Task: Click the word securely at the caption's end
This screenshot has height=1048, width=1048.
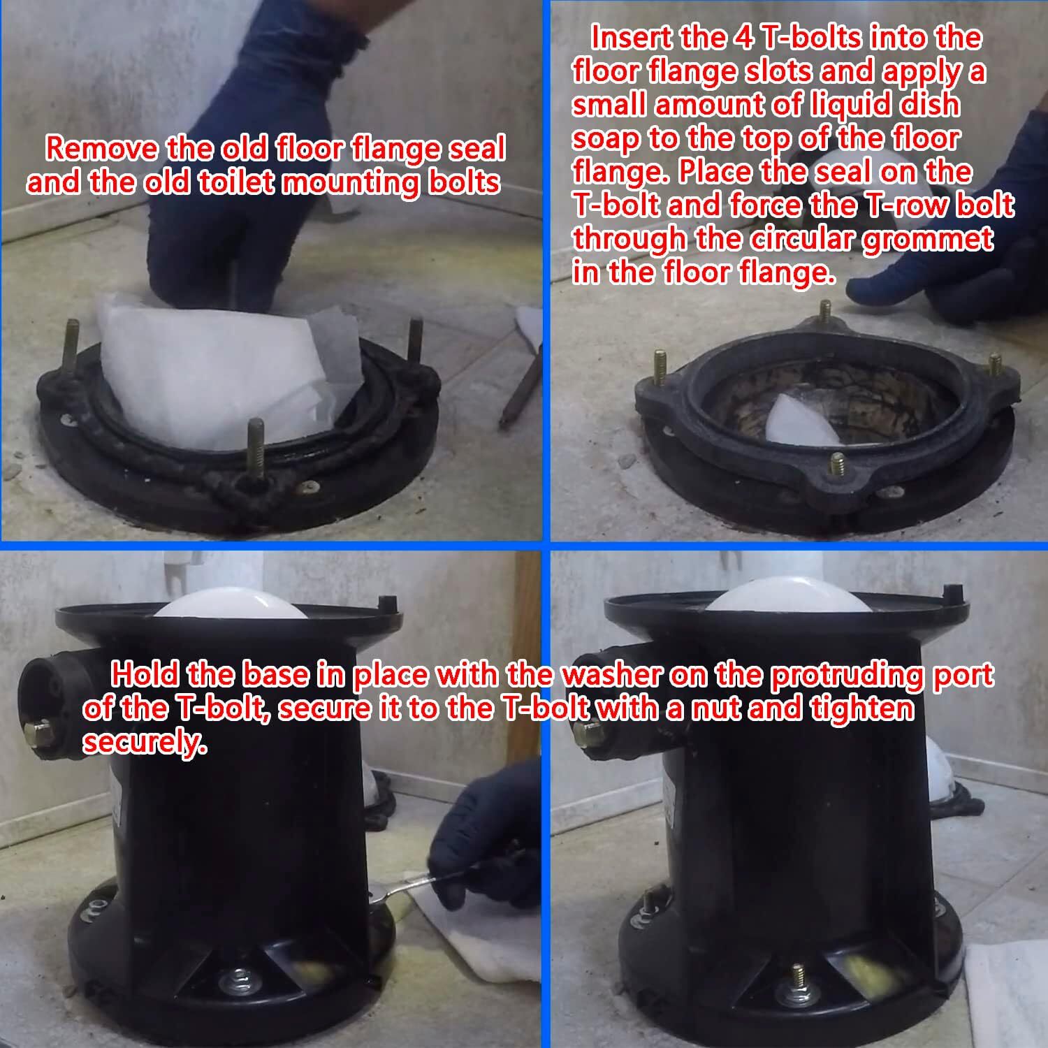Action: (x=145, y=742)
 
